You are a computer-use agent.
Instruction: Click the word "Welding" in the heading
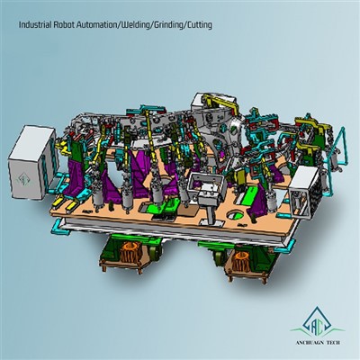pyautogui.click(x=135, y=25)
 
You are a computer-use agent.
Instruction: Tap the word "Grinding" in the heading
pyautogui.click(x=168, y=25)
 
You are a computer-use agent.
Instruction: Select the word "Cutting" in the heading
pyautogui.click(x=199, y=25)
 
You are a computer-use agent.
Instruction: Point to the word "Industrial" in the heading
pyautogui.click(x=35, y=25)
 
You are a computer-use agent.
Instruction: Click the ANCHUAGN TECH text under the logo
pyautogui.click(x=319, y=343)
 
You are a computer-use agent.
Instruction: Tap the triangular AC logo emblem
pyautogui.click(x=318, y=323)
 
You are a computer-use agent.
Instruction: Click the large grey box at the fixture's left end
pyautogui.click(x=32, y=163)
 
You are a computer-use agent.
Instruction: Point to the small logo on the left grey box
pyautogui.click(x=22, y=179)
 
